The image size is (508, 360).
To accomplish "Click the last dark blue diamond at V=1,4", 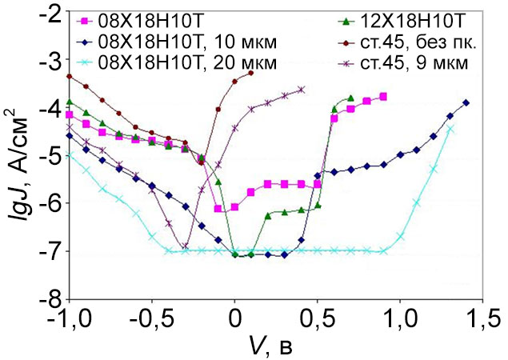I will click(x=466, y=102).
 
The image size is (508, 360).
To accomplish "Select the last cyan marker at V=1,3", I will click(x=450, y=129).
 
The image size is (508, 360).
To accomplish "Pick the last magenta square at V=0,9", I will click(x=383, y=97).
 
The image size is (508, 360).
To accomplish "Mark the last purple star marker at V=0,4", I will click(x=302, y=90).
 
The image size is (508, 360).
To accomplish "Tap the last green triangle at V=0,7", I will click(x=350, y=98).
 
